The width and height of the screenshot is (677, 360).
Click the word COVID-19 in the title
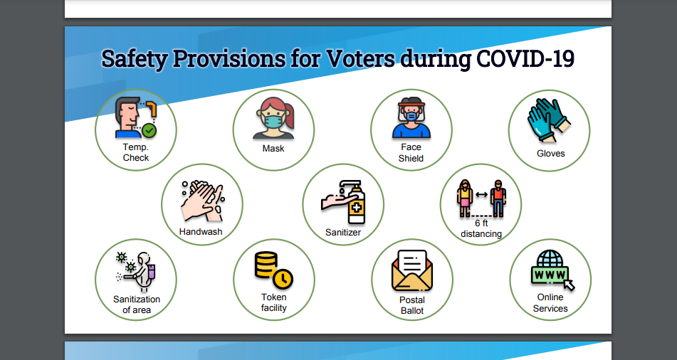[525, 58]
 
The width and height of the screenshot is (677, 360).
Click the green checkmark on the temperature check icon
[149, 130]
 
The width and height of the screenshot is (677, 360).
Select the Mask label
[273, 149]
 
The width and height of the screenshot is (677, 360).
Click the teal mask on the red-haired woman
[273, 121]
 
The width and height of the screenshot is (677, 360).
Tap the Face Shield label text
[411, 153]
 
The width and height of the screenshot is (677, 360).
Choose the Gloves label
[550, 154]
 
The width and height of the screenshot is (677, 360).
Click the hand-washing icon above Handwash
[202, 201]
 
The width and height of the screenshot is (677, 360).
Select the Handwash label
[201, 232]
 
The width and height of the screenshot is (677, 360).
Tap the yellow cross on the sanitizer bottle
[356, 208]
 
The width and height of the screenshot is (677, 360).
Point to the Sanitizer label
[343, 233]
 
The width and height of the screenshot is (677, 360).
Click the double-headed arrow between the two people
[481, 195]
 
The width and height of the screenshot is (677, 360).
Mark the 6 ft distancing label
[481, 229]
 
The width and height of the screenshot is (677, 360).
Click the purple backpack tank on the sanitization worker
[152, 272]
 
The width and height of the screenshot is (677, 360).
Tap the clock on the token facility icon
[283, 279]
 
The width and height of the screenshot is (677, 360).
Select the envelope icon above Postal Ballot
[412, 270]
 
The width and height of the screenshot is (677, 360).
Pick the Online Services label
[550, 303]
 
